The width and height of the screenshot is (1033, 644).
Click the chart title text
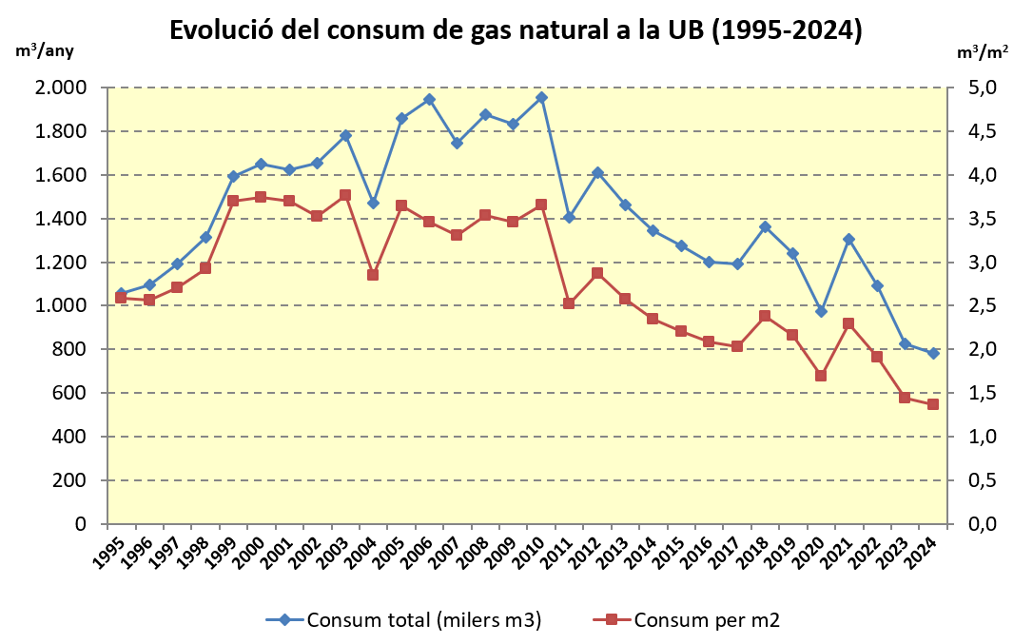click(516, 30)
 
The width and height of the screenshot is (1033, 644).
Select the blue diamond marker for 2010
click(541, 97)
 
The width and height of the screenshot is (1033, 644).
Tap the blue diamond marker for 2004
click(373, 204)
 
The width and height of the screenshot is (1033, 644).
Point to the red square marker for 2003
click(345, 195)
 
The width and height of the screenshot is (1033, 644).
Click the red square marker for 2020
click(821, 376)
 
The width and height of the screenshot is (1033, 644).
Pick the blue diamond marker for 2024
click(933, 354)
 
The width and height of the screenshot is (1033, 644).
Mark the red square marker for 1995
click(121, 298)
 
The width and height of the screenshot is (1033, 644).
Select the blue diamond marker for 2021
click(848, 240)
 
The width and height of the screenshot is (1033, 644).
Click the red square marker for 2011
click(569, 303)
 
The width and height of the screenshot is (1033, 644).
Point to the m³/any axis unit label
click(45, 49)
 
